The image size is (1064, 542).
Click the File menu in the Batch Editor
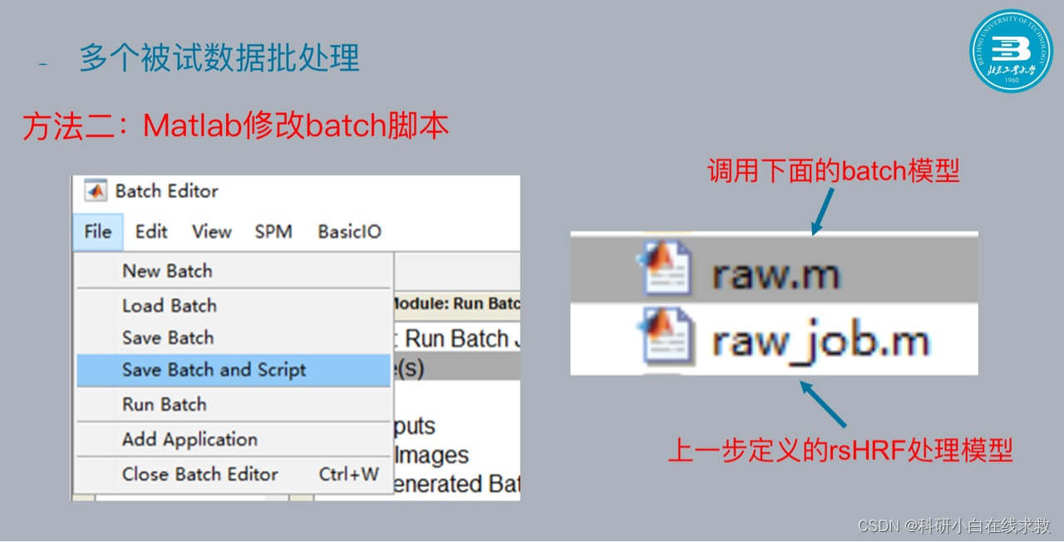coord(97,232)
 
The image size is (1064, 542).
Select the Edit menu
coord(151,232)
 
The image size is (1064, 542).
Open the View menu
coord(211,232)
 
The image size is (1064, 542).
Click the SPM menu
coord(273,232)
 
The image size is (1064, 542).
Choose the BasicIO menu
coord(349,232)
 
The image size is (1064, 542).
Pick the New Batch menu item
coord(167,271)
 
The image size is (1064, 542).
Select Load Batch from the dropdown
coord(170,306)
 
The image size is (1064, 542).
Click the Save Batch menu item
coord(168,338)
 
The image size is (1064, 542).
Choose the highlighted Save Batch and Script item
coord(214,370)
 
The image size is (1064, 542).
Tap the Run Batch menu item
coord(165,405)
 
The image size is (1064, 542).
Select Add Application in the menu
coord(190,440)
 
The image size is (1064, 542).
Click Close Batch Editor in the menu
coord(200,475)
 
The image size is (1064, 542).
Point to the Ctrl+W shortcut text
coord(349,475)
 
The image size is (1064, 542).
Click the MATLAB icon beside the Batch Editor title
coord(96,191)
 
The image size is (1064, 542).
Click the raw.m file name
coord(776,274)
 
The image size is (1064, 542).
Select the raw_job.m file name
coord(819,341)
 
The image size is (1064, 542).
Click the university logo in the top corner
coord(1011,52)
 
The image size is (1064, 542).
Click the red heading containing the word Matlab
coord(236,126)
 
